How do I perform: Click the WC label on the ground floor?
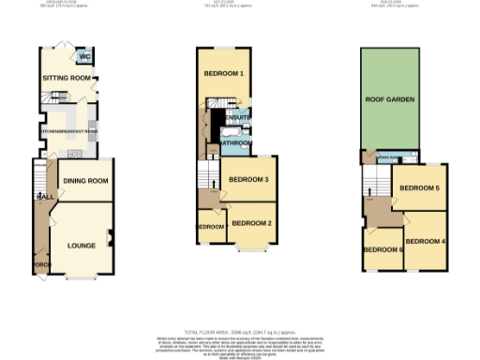coord(84,55)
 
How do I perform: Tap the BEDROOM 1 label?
coord(224,73)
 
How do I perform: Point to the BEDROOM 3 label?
coord(248,179)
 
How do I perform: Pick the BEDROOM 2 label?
coord(251,223)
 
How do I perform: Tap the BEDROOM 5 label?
coord(419,188)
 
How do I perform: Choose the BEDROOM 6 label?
coord(382,249)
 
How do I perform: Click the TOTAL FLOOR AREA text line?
coord(240,333)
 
